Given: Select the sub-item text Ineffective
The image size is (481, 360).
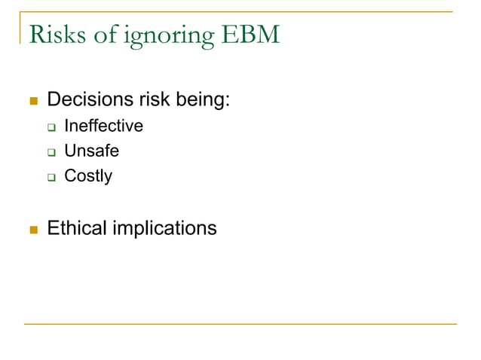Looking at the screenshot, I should tap(103, 126).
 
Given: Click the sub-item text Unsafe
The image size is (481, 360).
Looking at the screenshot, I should tap(91, 151).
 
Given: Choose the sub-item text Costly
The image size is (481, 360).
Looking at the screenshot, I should tap(88, 176).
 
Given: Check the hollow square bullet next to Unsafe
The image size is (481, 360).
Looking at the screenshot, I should tap(51, 152).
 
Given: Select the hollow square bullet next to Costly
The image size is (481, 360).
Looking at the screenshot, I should tap(51, 178).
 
